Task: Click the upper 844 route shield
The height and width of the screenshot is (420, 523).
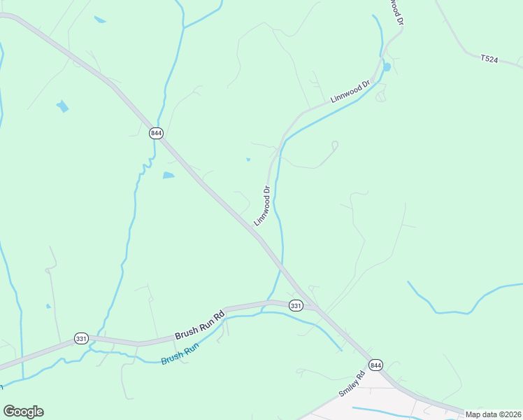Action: tap(155, 132)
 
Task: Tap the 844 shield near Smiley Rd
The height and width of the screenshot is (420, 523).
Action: tap(375, 365)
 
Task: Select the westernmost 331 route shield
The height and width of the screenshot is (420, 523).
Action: tap(80, 339)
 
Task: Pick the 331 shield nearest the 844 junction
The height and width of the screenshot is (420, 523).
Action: tap(296, 305)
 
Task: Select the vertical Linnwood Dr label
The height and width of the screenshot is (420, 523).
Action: tap(262, 205)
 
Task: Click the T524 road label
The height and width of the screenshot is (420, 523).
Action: tap(489, 60)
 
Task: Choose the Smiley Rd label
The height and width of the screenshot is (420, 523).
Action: tap(352, 384)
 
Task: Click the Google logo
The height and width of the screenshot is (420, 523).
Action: tap(23, 412)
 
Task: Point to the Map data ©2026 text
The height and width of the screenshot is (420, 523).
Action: tap(493, 414)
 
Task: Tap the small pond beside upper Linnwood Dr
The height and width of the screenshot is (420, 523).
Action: tap(386, 67)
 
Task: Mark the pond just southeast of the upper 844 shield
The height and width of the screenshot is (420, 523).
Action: tap(169, 175)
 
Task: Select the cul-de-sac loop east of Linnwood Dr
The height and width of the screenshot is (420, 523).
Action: tap(334, 145)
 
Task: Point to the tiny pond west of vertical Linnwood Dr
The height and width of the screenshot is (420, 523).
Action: tap(248, 160)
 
